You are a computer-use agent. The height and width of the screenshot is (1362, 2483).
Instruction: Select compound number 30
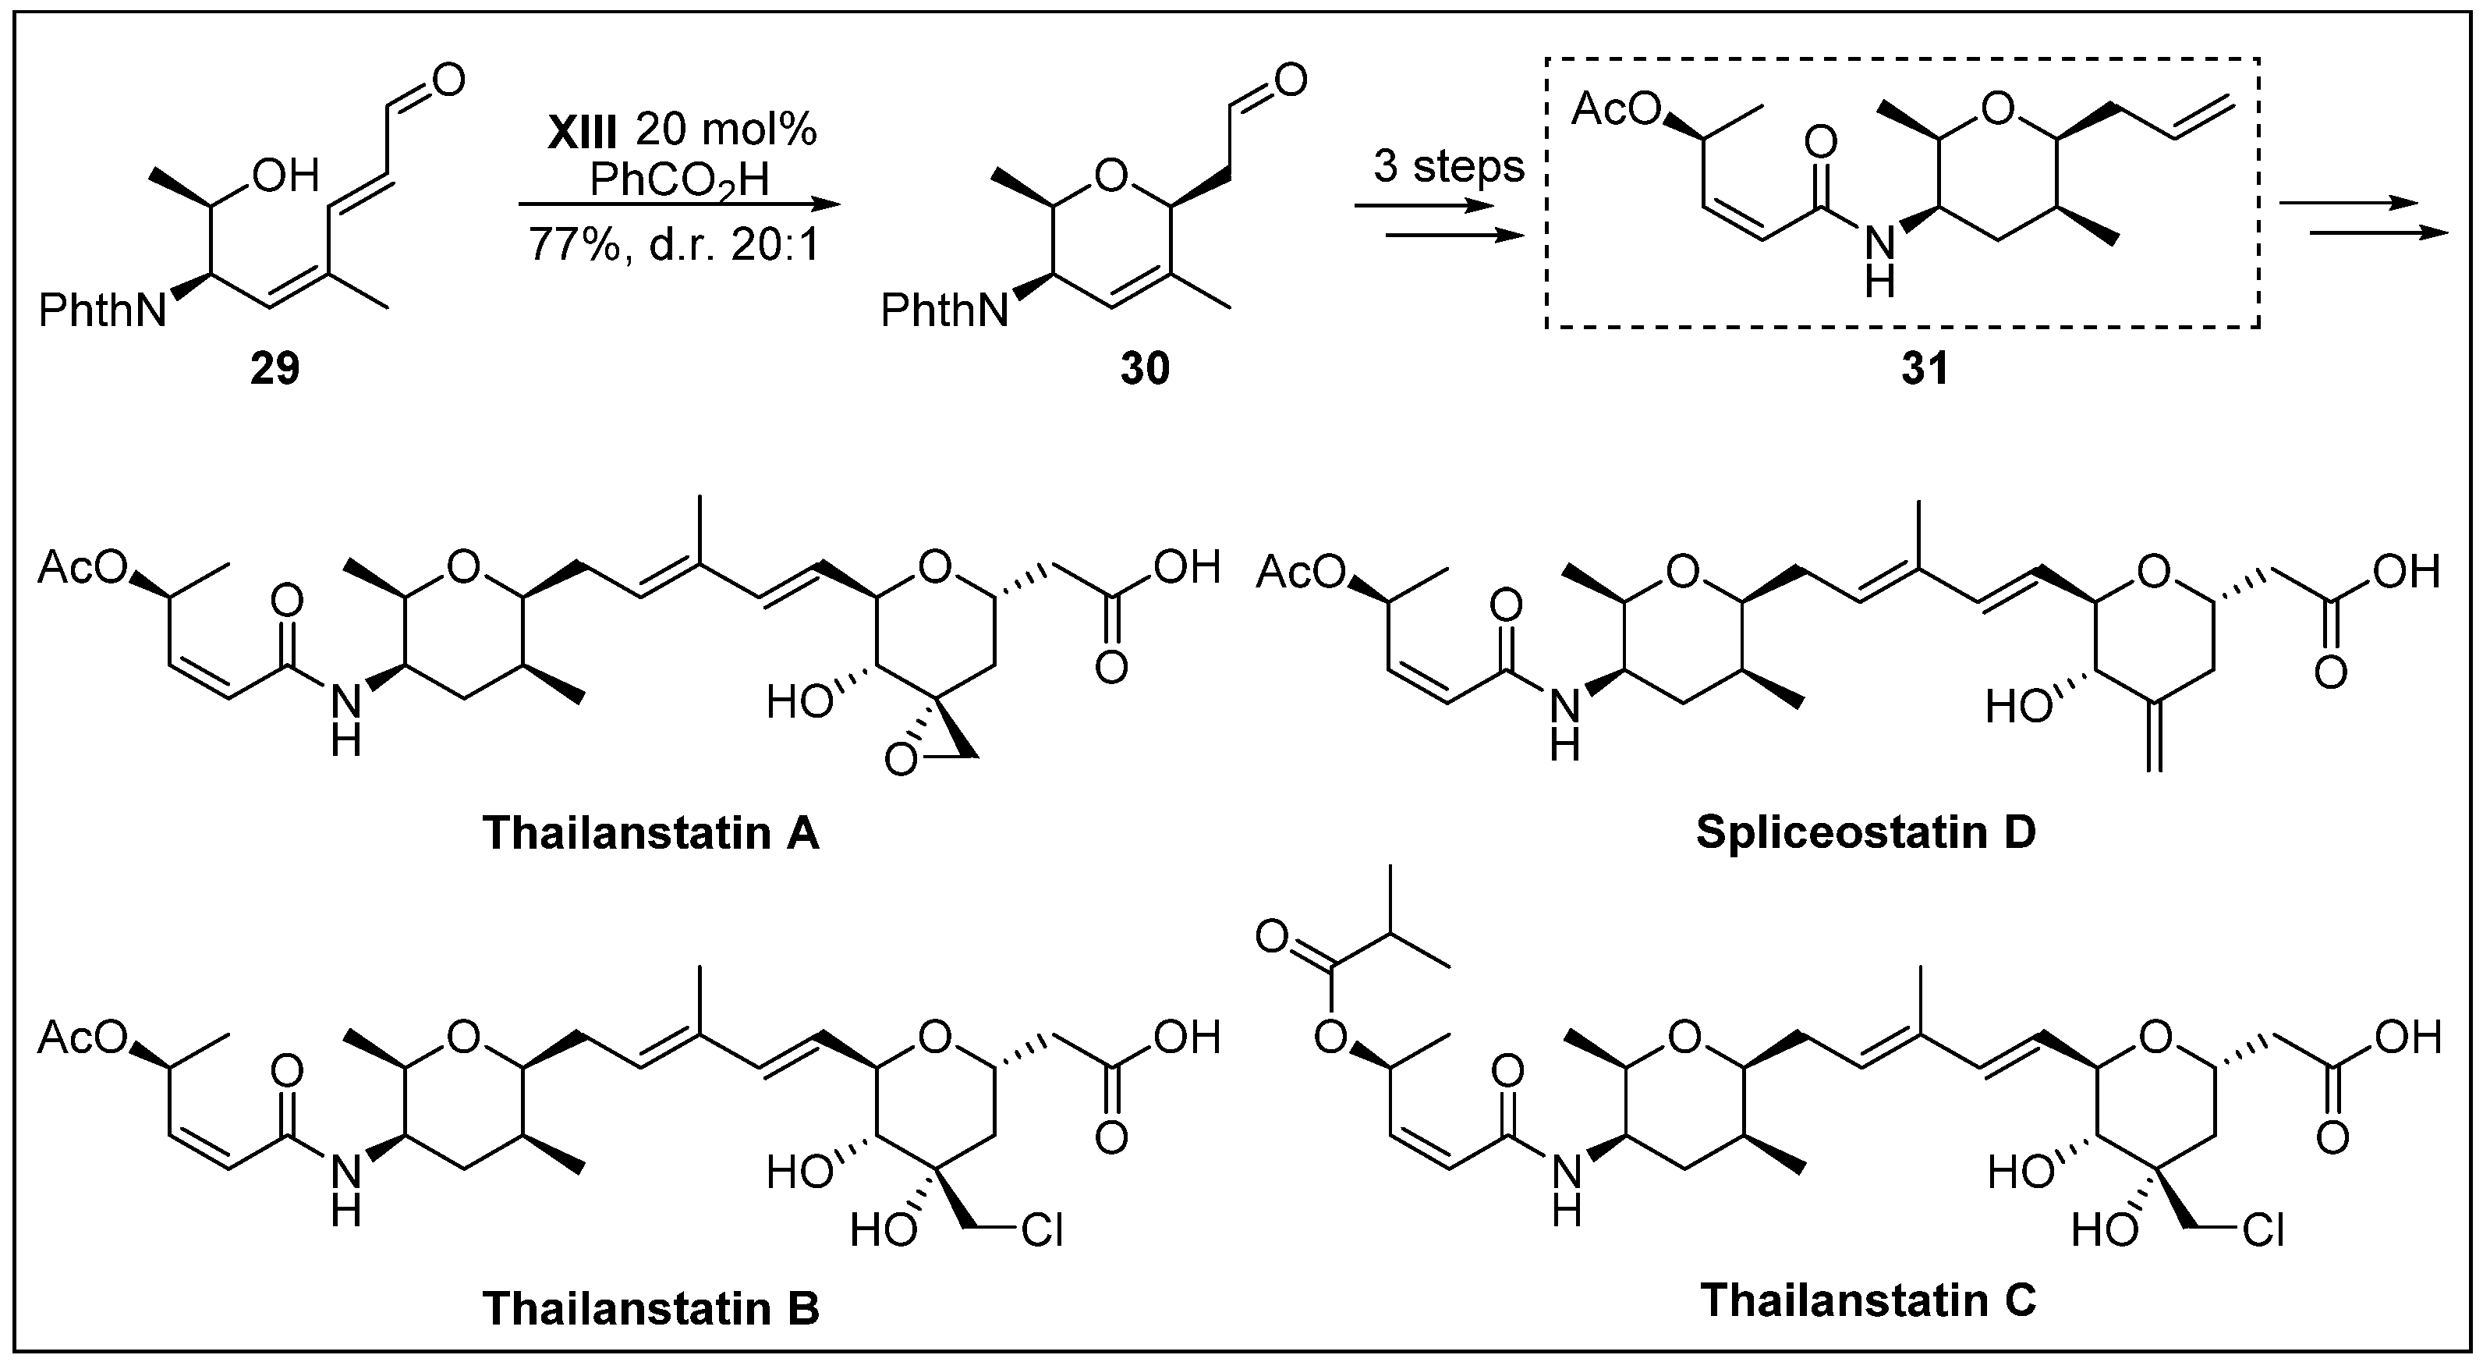click(1144, 368)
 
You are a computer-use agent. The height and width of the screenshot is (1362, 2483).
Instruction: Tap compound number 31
click(1924, 368)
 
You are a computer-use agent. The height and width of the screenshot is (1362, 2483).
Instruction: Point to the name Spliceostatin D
click(1866, 833)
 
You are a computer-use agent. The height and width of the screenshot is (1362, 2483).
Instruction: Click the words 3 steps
click(1449, 167)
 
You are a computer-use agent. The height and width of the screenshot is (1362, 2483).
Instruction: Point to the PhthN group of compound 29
click(102, 311)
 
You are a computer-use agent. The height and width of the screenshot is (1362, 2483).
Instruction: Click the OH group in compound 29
click(285, 176)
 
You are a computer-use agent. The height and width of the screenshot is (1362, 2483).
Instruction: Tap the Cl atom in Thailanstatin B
click(1042, 1231)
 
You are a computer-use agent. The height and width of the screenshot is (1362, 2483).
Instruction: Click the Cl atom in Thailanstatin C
click(2262, 1231)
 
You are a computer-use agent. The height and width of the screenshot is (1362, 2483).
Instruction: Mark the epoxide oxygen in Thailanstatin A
click(903, 762)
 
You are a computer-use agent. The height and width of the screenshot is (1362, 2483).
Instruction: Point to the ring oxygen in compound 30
click(1111, 176)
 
